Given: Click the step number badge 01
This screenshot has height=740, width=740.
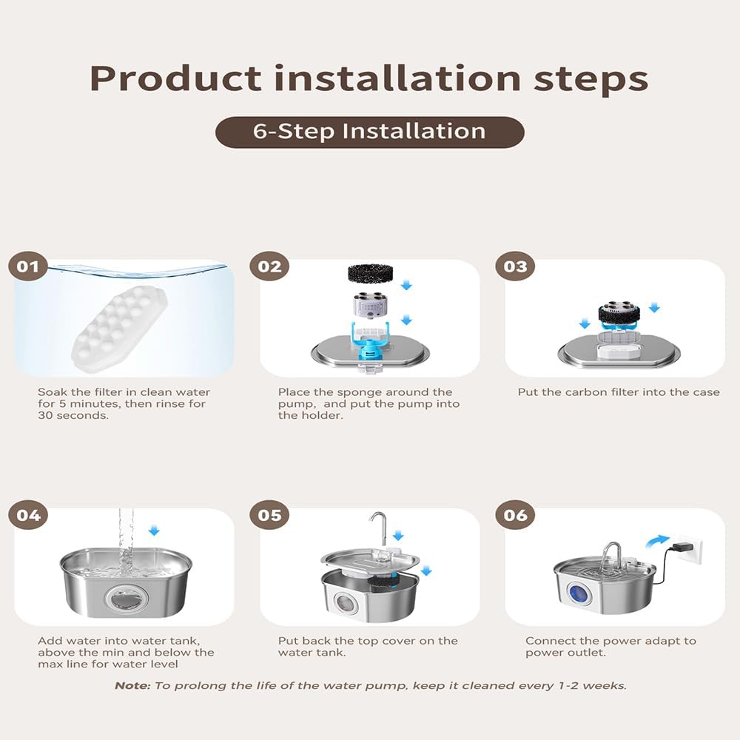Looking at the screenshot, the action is [x=28, y=266].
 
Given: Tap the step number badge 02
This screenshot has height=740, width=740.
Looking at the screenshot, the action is [x=269, y=266].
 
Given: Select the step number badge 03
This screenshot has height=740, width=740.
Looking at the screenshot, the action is [x=515, y=266].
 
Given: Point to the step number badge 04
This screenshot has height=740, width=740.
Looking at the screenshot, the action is [x=28, y=514].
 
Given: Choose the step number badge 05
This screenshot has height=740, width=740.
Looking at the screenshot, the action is [x=269, y=514].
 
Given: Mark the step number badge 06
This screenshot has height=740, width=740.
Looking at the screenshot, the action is [x=515, y=514].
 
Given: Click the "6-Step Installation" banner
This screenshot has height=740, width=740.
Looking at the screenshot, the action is [x=369, y=132].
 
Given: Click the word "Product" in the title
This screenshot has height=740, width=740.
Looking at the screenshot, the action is [x=175, y=78].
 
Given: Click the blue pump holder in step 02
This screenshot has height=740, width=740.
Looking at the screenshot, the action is [x=371, y=340].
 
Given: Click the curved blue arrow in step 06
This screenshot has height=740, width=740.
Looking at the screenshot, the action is [x=658, y=542].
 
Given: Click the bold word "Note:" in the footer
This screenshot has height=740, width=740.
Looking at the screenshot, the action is [x=132, y=686].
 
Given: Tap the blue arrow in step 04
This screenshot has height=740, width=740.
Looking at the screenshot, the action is [x=154, y=531].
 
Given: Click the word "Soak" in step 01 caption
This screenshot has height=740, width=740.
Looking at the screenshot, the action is [x=53, y=392].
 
